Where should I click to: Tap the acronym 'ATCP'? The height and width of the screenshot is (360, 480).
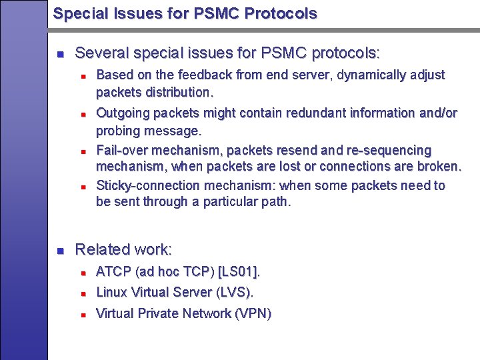(113, 272)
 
